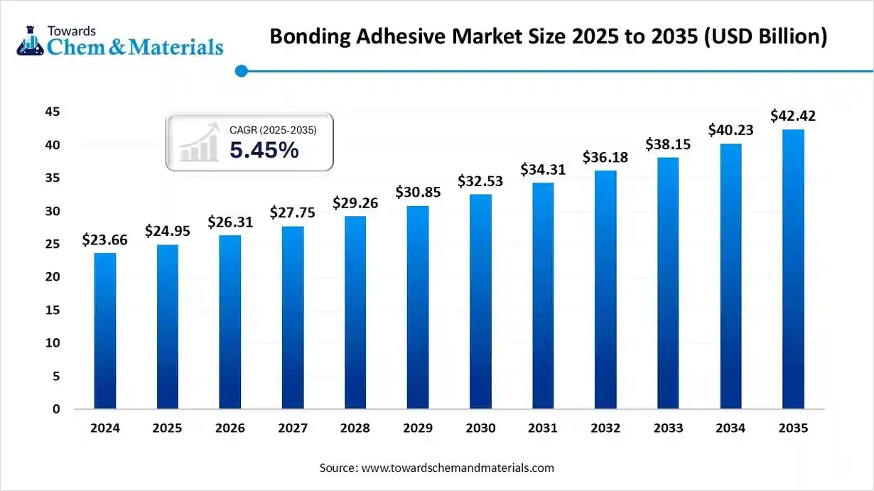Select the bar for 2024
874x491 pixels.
[x=105, y=331]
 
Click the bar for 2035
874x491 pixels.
[x=793, y=269]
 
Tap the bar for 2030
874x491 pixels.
[x=480, y=302]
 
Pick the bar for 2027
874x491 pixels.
[x=293, y=318]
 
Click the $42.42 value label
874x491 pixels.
[x=793, y=116]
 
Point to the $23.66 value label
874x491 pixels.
[x=105, y=240]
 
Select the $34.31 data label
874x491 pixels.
[x=543, y=170]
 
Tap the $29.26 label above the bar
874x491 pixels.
[x=355, y=203]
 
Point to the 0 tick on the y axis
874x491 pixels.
[x=56, y=409]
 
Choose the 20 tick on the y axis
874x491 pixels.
[x=53, y=277]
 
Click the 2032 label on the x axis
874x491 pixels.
[x=605, y=428]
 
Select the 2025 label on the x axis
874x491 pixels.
[x=168, y=428]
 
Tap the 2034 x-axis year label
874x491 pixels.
[x=730, y=428]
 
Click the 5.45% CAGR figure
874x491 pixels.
[x=264, y=150]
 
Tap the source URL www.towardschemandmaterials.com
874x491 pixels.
[x=458, y=468]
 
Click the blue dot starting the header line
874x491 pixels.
[x=241, y=70]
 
